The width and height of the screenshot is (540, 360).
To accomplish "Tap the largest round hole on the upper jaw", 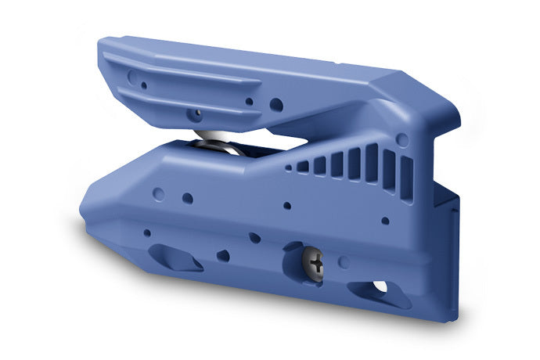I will coord(276,104).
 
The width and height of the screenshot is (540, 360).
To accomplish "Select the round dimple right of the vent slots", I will coord(402,140).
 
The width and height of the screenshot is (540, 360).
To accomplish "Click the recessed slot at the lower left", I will coord(175,257).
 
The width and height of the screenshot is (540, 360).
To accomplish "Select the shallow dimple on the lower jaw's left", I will coord(160,191).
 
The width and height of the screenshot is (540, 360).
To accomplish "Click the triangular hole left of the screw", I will coord(223,255).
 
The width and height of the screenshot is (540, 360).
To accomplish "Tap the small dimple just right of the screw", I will coord(343,261).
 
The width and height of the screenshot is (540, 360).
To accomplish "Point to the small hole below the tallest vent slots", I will coord(385,221).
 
